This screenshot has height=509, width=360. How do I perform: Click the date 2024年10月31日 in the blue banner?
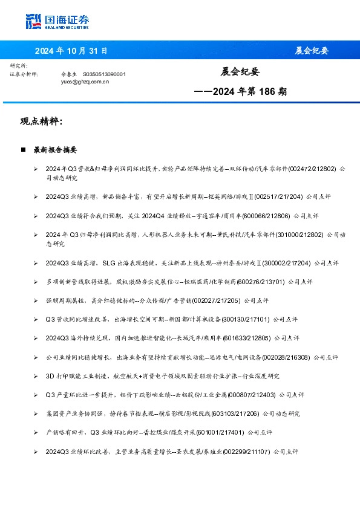click(x=71, y=51)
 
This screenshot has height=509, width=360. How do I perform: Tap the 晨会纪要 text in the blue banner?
click(x=312, y=51)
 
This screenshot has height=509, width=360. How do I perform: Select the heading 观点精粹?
click(x=41, y=122)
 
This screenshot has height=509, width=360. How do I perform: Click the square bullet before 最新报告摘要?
click(x=22, y=149)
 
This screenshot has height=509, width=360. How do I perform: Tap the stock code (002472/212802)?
click(x=313, y=169)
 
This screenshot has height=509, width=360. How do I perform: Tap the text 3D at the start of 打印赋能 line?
click(x=50, y=376)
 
